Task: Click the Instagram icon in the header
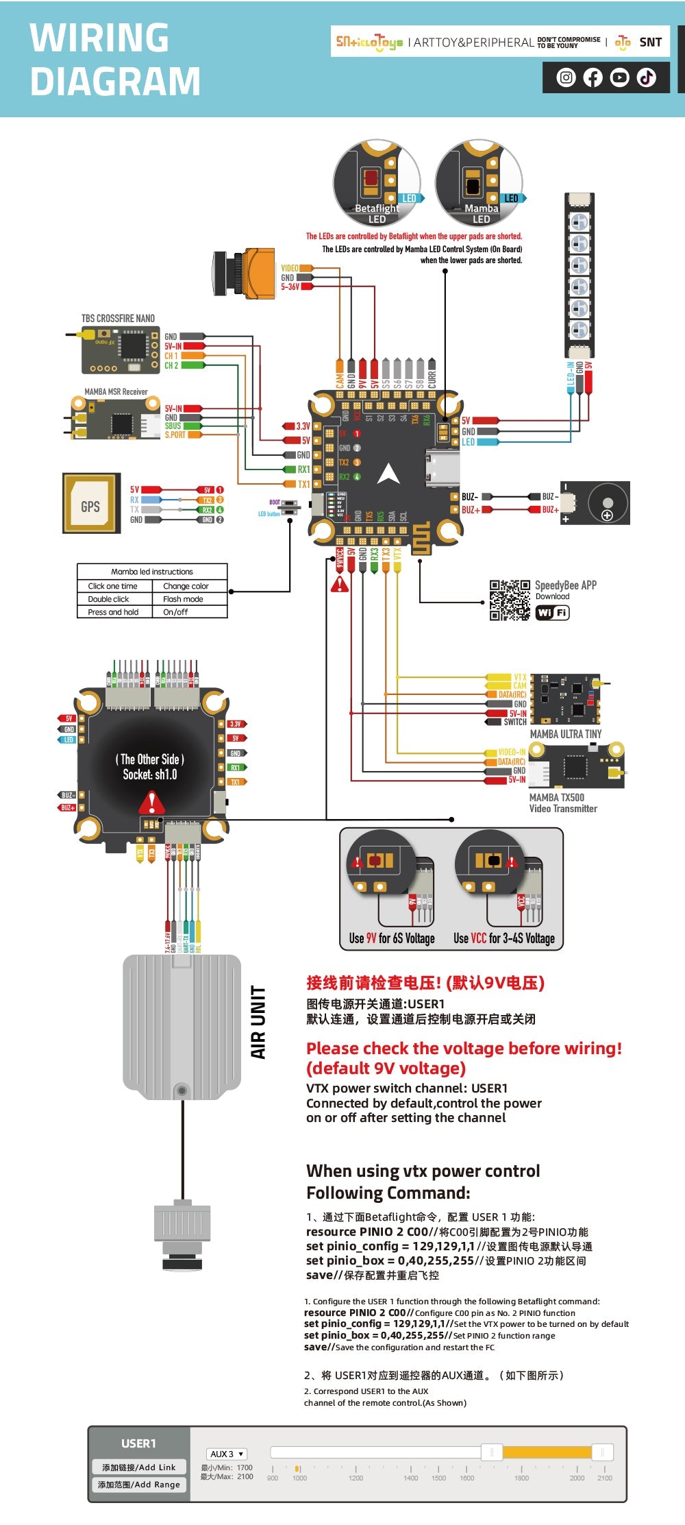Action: pyautogui.click(x=566, y=77)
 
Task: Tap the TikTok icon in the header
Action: pyautogui.click(x=646, y=77)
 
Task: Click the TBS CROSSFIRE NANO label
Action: pyautogui.click(x=118, y=318)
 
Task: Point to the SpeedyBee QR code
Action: pyautogui.click(x=510, y=600)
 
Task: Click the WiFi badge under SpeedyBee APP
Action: pyautogui.click(x=552, y=613)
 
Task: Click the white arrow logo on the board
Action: pyautogui.click(x=388, y=473)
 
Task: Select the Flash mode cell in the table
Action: pyautogui.click(x=183, y=599)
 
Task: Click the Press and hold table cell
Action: pyautogui.click(x=113, y=612)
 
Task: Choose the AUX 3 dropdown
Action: pyautogui.click(x=226, y=1454)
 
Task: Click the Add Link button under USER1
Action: pyautogui.click(x=139, y=1467)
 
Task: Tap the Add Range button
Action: pyautogui.click(x=139, y=1485)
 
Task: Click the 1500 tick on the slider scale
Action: pyautogui.click(x=438, y=1478)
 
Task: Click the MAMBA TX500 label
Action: pyautogui.click(x=557, y=797)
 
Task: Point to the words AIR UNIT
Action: pyautogui.click(x=258, y=1022)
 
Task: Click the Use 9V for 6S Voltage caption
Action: pyautogui.click(x=392, y=938)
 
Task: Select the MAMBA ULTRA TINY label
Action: pyautogui.click(x=566, y=733)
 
